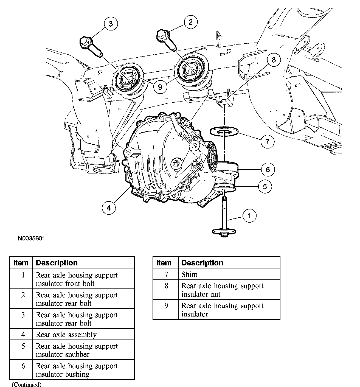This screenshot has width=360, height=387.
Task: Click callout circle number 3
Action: click(111, 24)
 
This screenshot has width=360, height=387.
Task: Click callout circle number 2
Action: click(191, 22)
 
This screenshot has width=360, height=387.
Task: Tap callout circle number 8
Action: click(274, 60)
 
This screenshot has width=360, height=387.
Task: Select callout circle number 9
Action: click(160, 87)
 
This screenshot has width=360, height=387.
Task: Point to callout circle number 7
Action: click(267, 141)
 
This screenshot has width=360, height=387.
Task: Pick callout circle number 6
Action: click(268, 169)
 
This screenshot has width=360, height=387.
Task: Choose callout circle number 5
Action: click(265, 187)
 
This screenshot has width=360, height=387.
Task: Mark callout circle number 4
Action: click(109, 208)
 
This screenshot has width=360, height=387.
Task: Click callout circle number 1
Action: click(249, 215)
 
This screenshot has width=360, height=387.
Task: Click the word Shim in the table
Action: click(190, 274)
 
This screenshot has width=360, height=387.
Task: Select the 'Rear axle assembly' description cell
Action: click(66, 335)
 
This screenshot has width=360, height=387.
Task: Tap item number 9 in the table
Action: click(166, 306)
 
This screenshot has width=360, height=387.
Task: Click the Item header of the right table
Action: click(164, 263)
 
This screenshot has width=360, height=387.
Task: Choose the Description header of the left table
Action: click(57, 263)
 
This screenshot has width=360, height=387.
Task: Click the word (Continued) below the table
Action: click(27, 384)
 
